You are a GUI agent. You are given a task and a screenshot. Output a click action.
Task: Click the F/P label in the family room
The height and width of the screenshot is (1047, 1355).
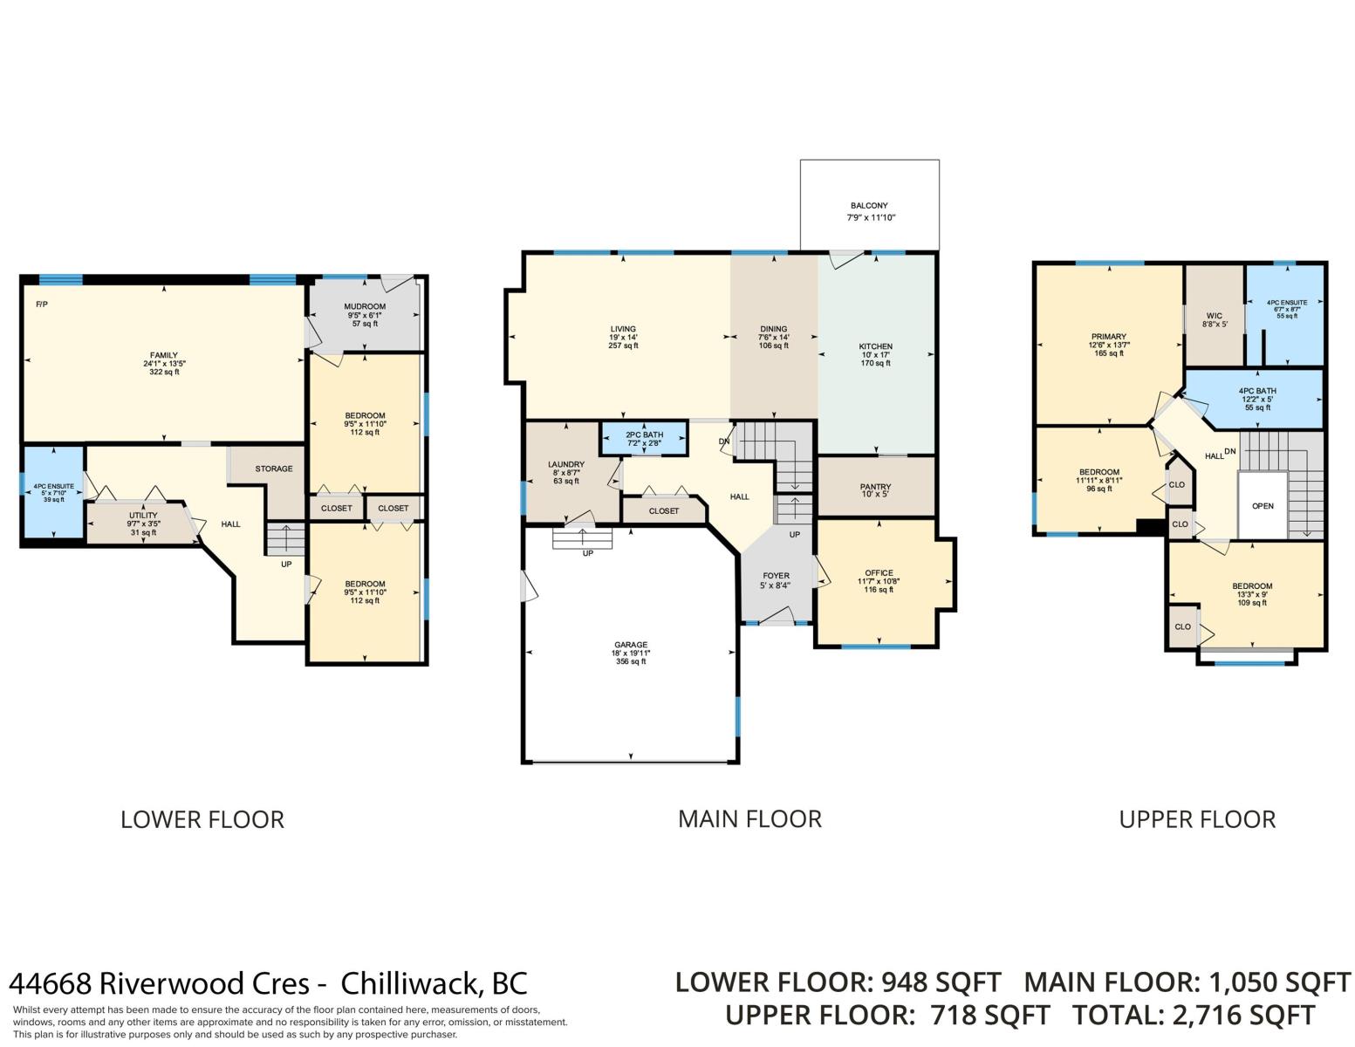coord(42,305)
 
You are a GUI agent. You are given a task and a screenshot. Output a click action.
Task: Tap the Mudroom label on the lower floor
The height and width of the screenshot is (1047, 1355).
coord(365,306)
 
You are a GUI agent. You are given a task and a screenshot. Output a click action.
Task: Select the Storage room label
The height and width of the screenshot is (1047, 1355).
coord(274,469)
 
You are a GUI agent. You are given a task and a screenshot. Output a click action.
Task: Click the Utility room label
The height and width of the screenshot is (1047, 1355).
coord(143,515)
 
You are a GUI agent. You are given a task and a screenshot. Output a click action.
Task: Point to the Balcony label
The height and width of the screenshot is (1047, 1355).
coord(869,205)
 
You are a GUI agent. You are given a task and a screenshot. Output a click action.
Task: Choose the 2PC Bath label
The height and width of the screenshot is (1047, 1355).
coord(644,435)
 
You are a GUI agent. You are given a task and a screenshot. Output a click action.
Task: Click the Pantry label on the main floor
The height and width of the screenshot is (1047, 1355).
coord(875,486)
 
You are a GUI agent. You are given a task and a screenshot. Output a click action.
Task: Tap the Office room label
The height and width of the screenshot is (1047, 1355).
coord(879,572)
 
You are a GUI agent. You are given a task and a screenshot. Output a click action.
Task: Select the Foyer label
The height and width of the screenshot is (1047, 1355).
coord(776,576)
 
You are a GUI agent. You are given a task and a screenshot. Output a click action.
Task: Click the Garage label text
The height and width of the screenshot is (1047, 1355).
coord(631,645)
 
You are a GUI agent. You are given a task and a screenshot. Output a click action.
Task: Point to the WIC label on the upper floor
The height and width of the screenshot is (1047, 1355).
coord(1214,316)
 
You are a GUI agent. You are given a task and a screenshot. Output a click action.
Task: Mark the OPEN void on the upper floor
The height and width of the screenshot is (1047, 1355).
coord(1263,506)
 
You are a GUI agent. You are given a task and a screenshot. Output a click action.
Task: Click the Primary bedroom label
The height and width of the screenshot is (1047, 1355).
coord(1109,336)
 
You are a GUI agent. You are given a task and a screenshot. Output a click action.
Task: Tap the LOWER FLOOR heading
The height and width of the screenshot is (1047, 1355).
coord(202,819)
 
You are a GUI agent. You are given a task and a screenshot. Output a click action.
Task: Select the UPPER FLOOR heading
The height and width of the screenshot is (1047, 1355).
coord(1197,819)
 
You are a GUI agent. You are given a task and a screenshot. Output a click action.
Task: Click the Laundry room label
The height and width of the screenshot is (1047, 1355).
coord(566,464)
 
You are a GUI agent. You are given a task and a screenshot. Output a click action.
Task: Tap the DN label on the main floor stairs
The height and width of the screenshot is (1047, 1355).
coord(724,441)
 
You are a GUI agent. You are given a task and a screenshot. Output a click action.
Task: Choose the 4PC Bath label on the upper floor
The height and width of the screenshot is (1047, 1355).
coord(1257,391)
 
